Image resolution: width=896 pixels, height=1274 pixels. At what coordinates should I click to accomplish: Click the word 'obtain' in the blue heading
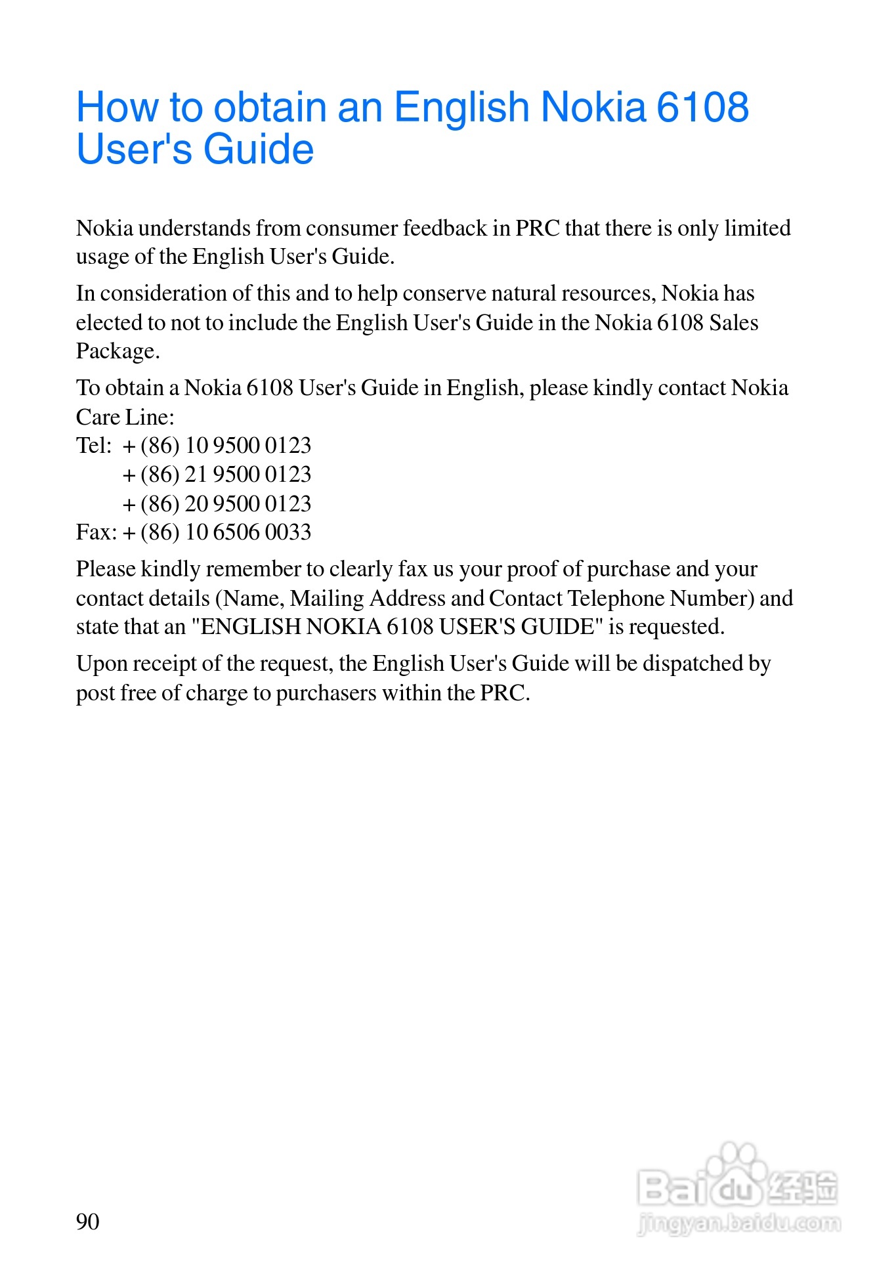click(x=270, y=107)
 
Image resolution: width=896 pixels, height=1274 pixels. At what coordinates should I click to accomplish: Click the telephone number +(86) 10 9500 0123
click(x=217, y=446)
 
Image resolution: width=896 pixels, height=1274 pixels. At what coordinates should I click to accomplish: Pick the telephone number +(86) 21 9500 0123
click(x=217, y=475)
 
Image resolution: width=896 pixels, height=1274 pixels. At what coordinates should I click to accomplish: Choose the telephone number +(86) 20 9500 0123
click(x=217, y=504)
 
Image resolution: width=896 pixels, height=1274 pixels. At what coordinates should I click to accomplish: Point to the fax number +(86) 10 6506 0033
click(x=217, y=532)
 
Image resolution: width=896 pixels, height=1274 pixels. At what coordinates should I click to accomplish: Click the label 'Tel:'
click(x=94, y=446)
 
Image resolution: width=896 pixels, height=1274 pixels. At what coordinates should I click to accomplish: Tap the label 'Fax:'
click(x=96, y=532)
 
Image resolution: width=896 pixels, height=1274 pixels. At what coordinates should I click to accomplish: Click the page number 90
click(x=88, y=1221)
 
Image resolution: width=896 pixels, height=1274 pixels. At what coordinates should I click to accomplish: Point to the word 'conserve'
click(x=444, y=293)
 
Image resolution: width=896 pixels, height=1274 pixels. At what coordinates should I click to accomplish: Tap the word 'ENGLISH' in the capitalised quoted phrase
click(x=250, y=627)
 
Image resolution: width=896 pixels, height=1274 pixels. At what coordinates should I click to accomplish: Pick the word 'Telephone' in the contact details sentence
click(x=616, y=599)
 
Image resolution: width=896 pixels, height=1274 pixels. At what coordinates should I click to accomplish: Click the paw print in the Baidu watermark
click(x=736, y=1169)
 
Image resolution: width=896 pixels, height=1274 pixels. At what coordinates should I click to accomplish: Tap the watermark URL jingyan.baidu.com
click(x=738, y=1223)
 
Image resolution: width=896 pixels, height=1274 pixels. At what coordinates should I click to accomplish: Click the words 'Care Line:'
click(x=125, y=417)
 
